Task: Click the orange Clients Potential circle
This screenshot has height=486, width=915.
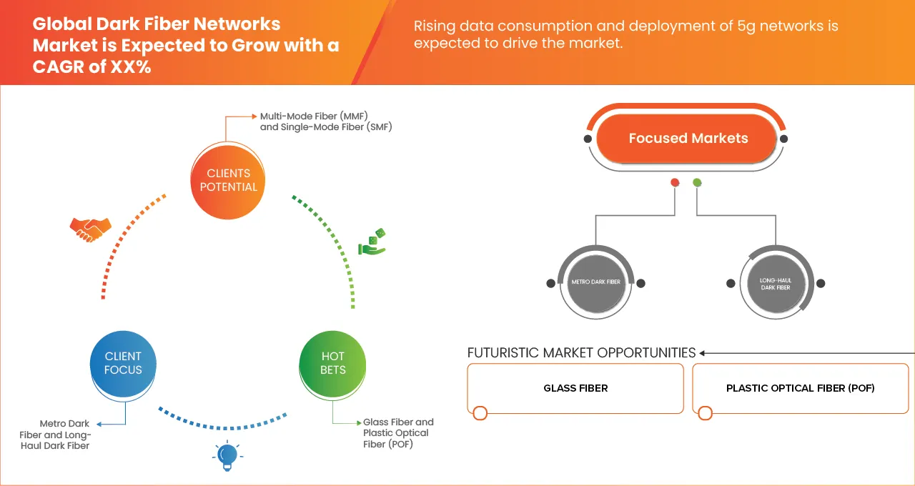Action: point(228,180)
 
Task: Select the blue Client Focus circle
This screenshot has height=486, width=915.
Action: point(123,363)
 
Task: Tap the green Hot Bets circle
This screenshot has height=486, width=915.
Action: point(333,363)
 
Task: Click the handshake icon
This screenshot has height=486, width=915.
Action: point(90,229)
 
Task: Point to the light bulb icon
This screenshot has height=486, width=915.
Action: point(227,455)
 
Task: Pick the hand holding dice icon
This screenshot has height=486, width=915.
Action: point(372,242)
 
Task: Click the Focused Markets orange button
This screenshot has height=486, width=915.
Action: point(688,139)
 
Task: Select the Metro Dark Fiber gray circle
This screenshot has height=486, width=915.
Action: point(595,282)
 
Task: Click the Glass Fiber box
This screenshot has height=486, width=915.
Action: point(575,388)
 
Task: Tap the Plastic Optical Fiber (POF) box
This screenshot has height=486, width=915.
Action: point(800,388)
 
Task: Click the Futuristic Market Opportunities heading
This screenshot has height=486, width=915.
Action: point(581,352)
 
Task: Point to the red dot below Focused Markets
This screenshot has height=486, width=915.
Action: point(674,183)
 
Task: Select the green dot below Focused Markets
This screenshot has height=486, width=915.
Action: point(697,183)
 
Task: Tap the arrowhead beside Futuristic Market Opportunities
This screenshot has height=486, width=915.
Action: point(703,353)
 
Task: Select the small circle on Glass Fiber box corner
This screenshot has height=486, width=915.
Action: point(480,413)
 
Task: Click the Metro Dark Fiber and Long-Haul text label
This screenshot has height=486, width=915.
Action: point(65,435)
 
